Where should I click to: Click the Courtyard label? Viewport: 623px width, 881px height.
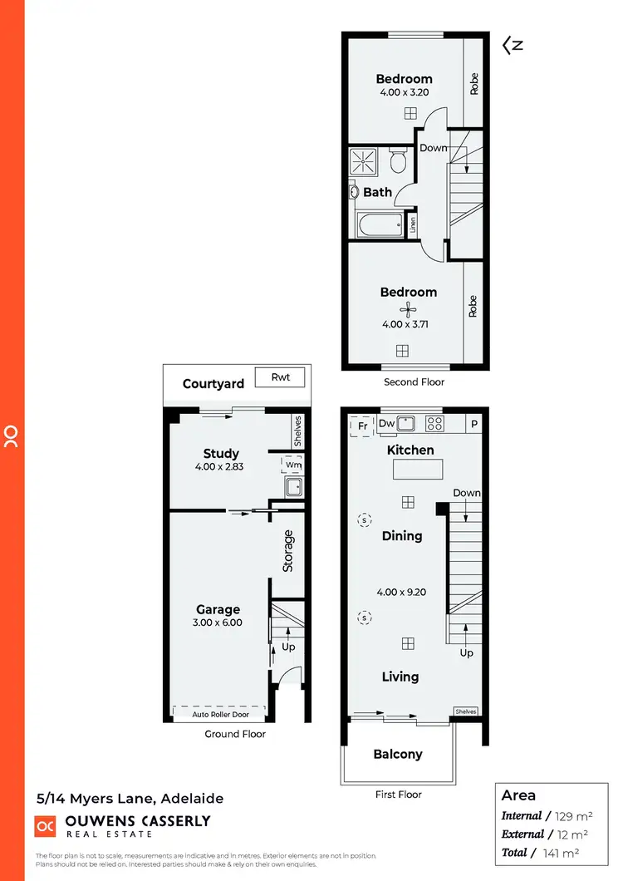click(213, 383)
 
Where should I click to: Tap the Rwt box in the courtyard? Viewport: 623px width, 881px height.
click(280, 377)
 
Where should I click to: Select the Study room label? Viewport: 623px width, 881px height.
click(221, 454)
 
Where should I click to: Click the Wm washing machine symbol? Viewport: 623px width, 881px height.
click(292, 465)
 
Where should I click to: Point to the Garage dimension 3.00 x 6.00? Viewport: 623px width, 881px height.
click(218, 622)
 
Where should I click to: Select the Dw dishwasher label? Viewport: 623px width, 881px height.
click(386, 424)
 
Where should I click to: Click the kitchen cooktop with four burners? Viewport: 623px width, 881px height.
click(434, 423)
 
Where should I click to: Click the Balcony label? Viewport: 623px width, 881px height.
click(398, 755)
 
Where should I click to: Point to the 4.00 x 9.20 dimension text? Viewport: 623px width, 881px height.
click(402, 593)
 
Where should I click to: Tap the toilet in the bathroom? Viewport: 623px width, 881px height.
click(397, 160)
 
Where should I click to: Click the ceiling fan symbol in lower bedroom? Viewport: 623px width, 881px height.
click(407, 310)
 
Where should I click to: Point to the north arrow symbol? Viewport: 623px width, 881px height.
click(513, 47)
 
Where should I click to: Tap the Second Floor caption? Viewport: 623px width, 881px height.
click(414, 382)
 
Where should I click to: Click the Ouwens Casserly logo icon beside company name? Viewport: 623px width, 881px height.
click(46, 825)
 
